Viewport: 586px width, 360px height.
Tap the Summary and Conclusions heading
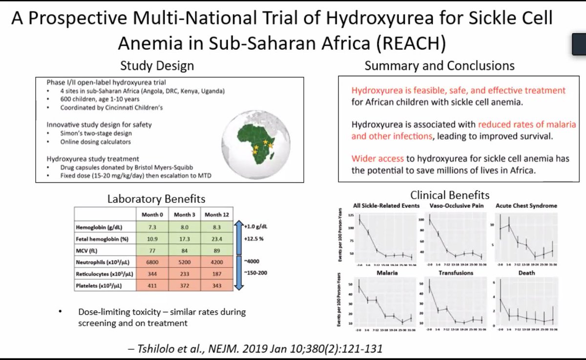439,65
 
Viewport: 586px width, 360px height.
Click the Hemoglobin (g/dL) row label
101,228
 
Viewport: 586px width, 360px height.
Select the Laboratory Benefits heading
156,199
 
